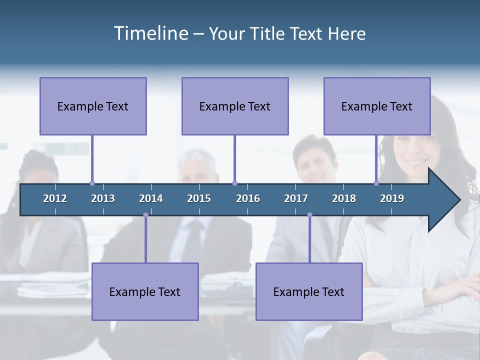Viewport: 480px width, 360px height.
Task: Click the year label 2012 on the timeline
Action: point(55,198)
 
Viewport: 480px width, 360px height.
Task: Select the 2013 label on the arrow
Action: point(103,198)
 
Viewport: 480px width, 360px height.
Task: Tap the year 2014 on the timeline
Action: point(151,198)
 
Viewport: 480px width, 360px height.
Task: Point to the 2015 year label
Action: point(199,198)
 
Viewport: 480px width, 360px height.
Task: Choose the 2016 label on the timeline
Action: point(248,198)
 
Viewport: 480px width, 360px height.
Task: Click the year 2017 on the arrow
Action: point(296,198)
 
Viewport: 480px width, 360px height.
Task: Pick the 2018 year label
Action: point(344,198)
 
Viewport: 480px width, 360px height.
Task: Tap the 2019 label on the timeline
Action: point(392,198)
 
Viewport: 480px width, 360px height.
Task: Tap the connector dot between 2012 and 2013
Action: point(92,183)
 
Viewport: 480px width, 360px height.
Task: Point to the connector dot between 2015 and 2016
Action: point(234,183)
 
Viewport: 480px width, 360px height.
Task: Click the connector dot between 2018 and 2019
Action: point(376,183)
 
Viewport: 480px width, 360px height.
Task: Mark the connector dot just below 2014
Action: point(145,215)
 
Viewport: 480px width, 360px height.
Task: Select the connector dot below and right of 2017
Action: point(309,215)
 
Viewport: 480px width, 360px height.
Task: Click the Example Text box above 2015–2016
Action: point(235,106)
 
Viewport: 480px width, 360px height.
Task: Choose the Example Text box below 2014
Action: point(145,291)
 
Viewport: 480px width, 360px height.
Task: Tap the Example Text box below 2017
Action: point(309,291)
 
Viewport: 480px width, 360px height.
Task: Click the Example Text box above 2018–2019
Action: point(377,106)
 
